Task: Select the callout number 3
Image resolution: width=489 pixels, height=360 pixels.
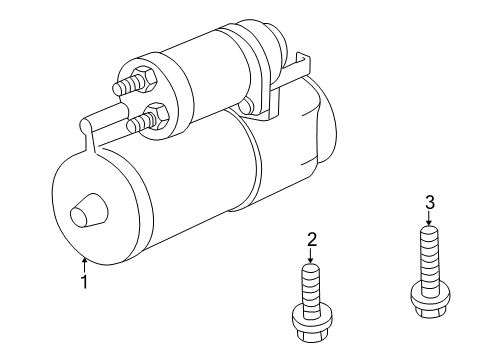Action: point(429,203)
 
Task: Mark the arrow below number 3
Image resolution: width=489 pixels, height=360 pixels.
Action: point(429,220)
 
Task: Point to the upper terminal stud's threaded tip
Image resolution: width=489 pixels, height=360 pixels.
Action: point(120,88)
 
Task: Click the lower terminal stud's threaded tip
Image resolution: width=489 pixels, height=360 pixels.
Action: point(133,125)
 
